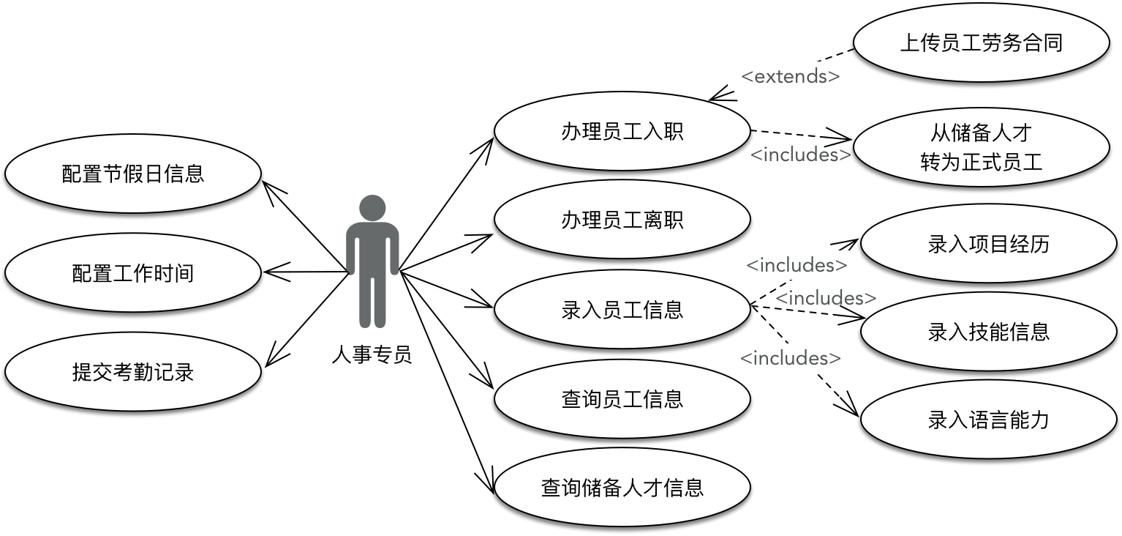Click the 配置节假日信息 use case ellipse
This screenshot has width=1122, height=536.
click(133, 174)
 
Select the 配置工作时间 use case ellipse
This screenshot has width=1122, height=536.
click(133, 273)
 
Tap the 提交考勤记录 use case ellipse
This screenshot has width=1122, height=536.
click(133, 371)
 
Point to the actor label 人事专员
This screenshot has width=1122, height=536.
click(372, 355)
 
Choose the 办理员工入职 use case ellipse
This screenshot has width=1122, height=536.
click(622, 132)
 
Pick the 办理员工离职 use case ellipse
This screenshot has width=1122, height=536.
click(622, 220)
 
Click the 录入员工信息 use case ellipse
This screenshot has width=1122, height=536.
click(622, 309)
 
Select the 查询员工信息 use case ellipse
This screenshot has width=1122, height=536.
click(622, 399)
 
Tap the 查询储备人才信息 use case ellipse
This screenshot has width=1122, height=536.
click(622, 488)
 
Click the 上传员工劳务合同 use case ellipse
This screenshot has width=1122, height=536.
click(981, 42)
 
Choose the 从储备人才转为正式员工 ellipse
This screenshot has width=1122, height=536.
click(981, 147)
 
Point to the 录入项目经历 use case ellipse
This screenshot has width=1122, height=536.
click(988, 244)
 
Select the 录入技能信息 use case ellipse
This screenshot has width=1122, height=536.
click(988, 332)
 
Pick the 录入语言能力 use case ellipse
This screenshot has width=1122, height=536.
click(988, 420)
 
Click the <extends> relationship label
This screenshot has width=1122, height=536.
click(791, 75)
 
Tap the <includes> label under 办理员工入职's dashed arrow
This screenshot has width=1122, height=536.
click(801, 155)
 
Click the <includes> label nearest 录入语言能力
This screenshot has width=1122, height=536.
click(791, 358)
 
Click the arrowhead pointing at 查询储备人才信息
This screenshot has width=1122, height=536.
click(487, 485)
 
